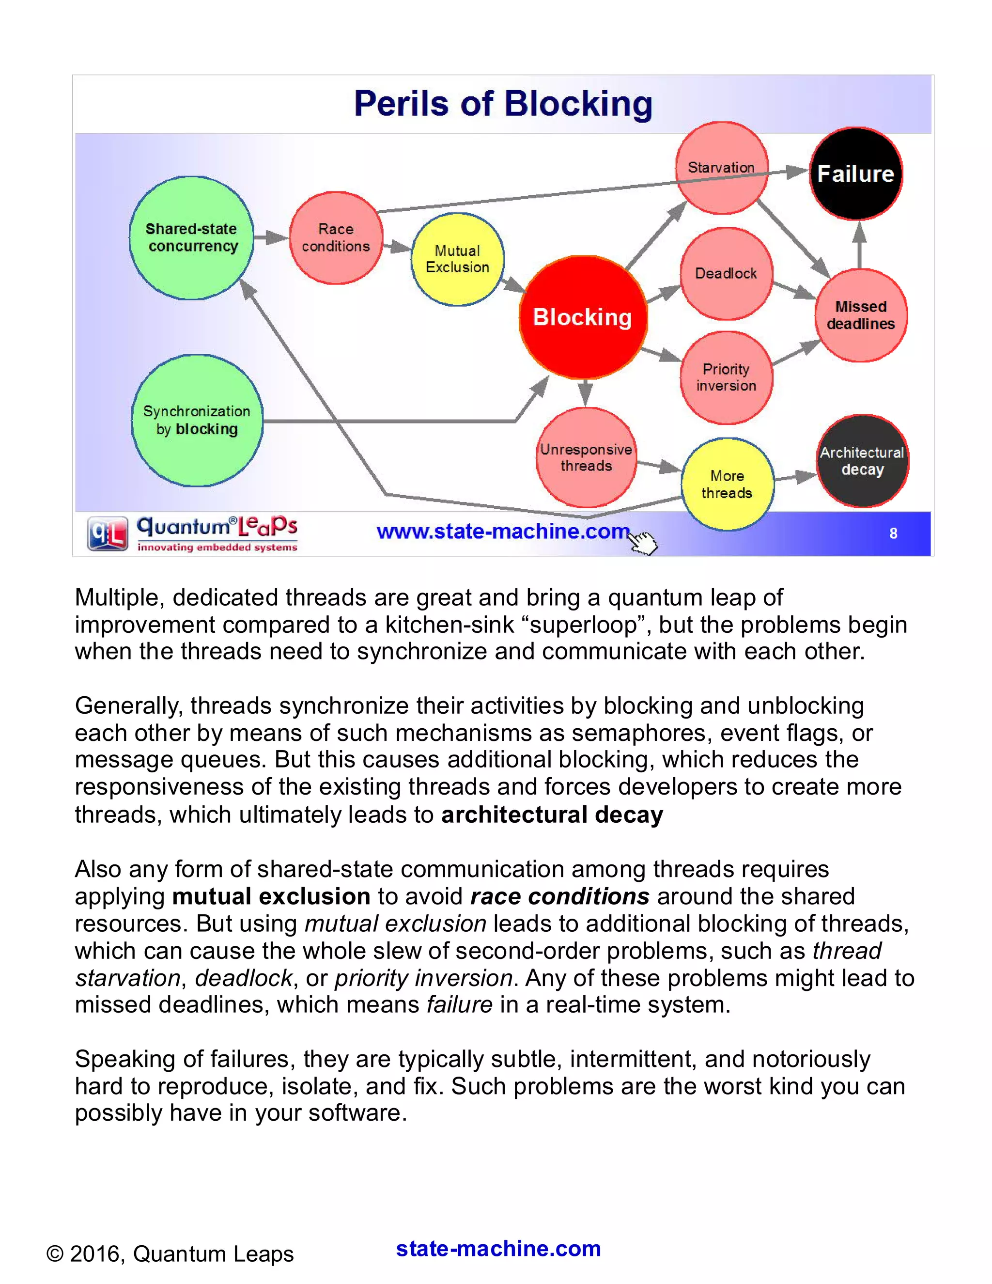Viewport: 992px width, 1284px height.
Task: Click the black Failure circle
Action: pos(856,174)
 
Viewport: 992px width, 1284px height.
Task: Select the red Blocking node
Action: pos(582,317)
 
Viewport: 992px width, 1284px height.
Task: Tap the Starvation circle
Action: pos(721,168)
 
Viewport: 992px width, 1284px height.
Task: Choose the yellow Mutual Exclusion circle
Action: pos(457,259)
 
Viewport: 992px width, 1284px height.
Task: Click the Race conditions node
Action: pos(336,237)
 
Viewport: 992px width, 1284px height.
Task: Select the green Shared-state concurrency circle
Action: pos(192,237)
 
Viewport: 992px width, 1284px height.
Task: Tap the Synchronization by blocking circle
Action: pos(197,421)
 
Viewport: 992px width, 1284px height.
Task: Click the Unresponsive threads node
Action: pos(586,457)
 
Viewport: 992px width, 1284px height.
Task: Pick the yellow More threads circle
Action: pos(727,484)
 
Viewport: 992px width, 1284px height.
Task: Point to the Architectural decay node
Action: pos(862,461)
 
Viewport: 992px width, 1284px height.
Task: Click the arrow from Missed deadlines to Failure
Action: pos(859,246)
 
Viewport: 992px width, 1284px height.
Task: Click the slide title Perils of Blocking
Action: pos(503,104)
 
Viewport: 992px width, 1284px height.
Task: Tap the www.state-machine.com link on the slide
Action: pos(502,532)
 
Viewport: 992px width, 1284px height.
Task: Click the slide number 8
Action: pos(893,533)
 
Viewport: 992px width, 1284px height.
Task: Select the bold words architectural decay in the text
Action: pos(552,815)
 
